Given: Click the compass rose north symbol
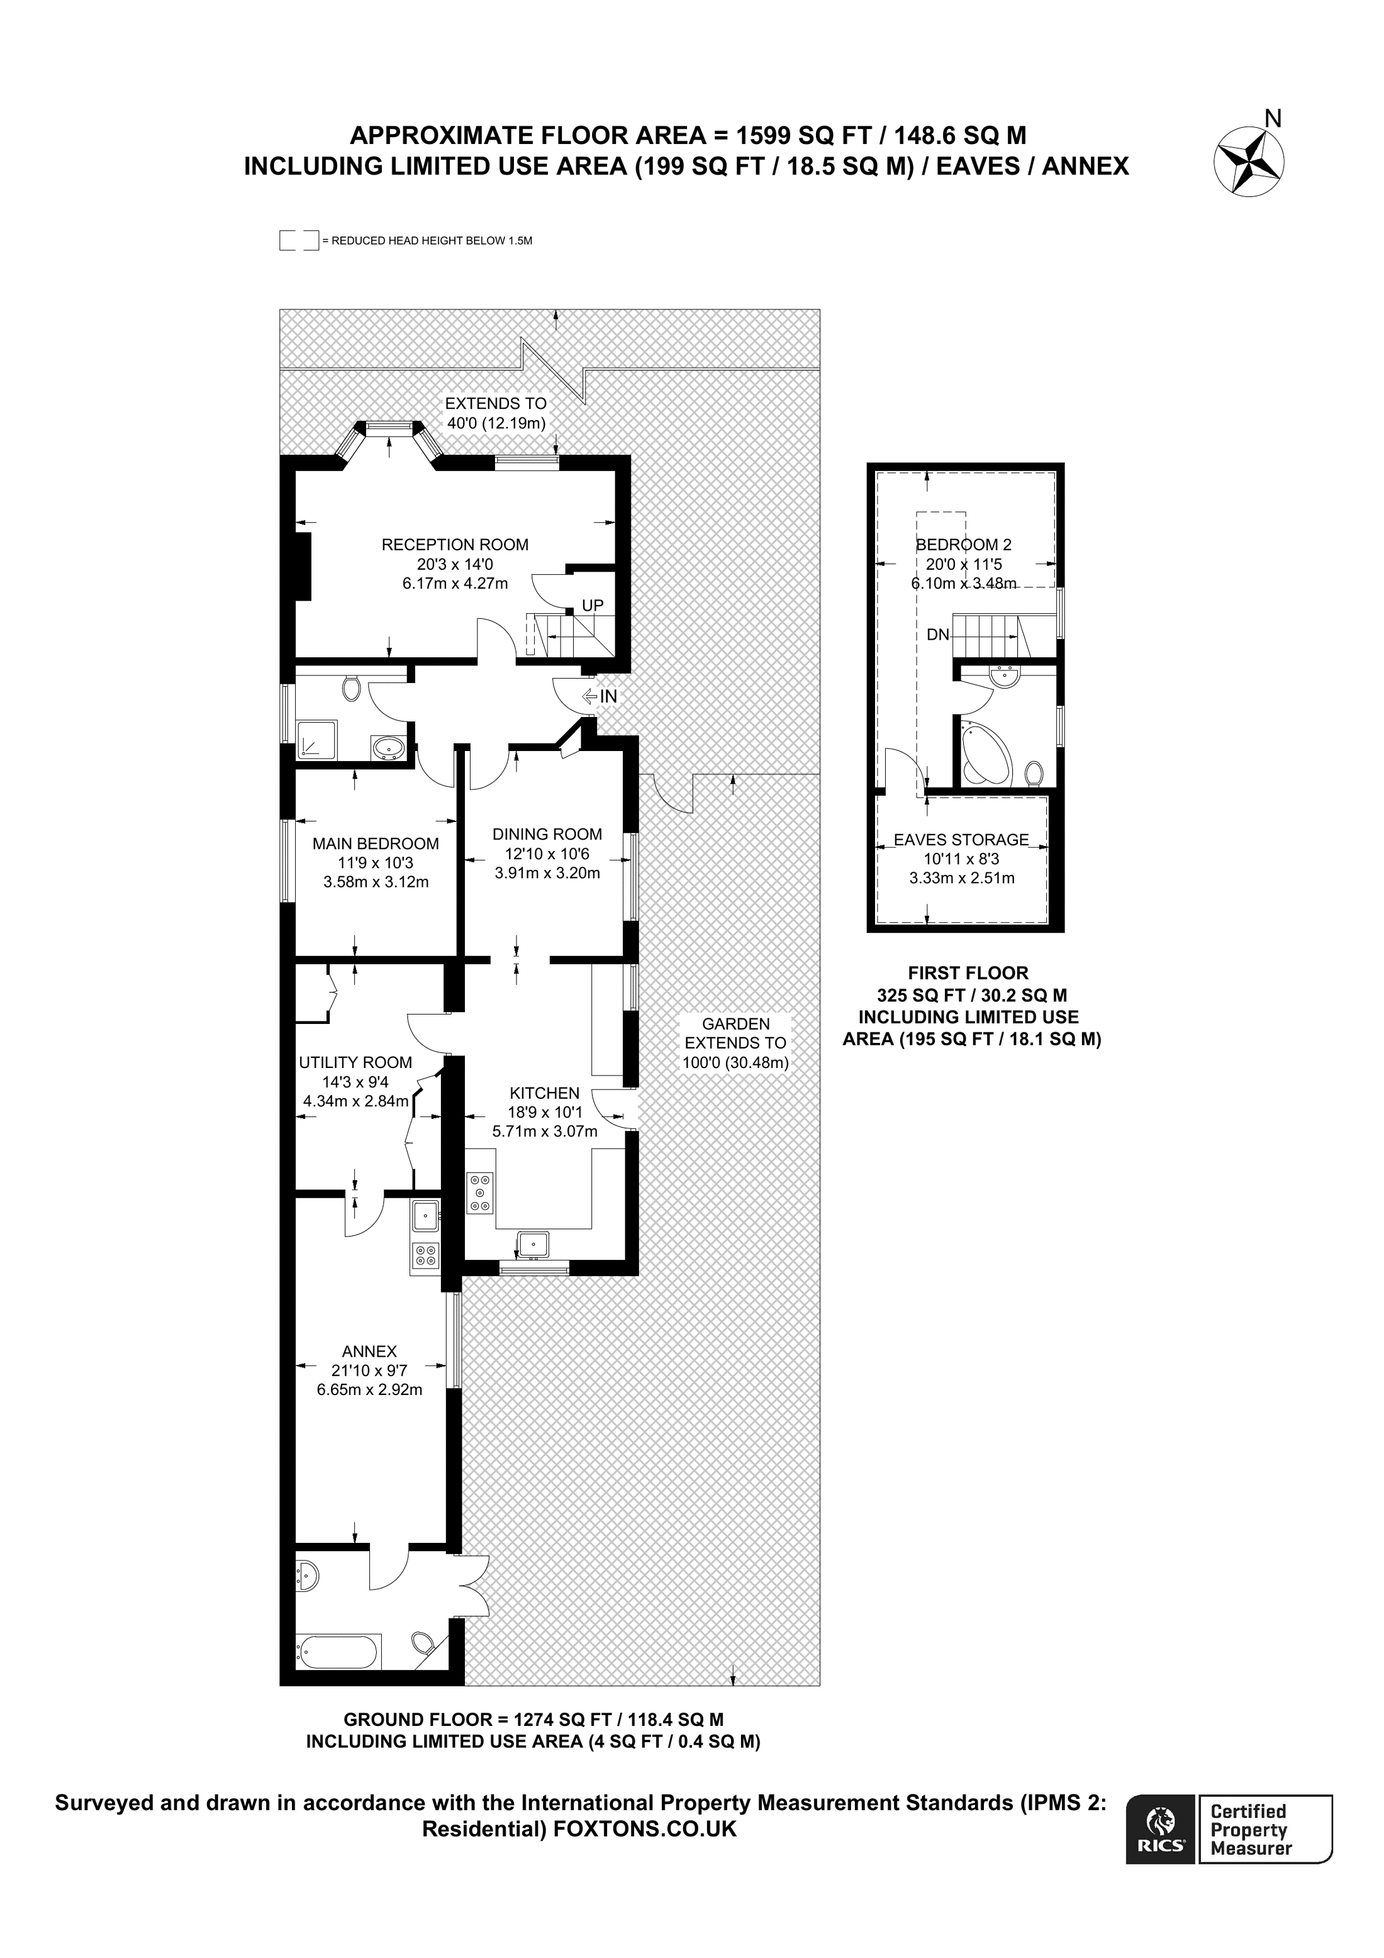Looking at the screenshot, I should tap(1249, 160).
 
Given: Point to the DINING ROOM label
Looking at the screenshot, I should tap(547, 834).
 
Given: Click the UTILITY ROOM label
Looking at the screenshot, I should tap(355, 1062).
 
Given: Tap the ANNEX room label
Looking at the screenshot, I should tap(369, 1351).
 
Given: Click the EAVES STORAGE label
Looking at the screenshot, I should tap(961, 840).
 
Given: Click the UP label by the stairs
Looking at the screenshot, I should tap(592, 606).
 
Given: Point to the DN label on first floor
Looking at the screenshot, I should tap(937, 635).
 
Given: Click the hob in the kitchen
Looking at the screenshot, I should tap(480, 1192).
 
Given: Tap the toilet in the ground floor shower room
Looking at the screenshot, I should tap(350, 687).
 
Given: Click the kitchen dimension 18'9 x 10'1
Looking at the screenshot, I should tap(544, 1112).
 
